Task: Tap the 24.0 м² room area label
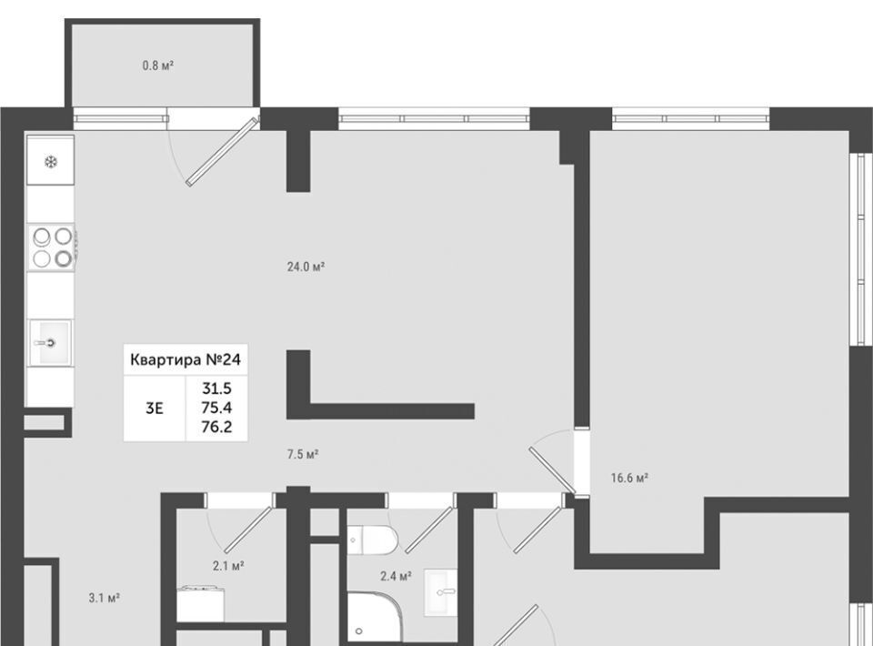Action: point(306,267)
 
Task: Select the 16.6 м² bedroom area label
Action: point(628,477)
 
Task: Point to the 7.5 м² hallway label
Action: point(302,454)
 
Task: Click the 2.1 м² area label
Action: point(227,565)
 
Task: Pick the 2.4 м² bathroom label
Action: point(396,575)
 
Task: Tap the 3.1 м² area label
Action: point(105,598)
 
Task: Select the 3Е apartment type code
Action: point(155,408)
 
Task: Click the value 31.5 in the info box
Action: point(217,389)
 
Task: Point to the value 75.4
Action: point(217,408)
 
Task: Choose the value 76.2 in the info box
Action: point(217,425)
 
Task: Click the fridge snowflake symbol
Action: point(50,163)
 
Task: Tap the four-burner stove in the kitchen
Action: point(52,247)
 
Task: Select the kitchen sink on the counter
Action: point(50,342)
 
